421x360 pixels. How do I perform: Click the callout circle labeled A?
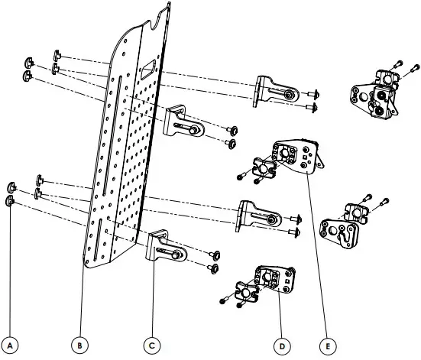coord(11,345)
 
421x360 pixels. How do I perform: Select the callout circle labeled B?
coord(80,345)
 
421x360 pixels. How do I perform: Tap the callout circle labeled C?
coord(152,345)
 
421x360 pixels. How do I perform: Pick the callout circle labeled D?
coord(281,345)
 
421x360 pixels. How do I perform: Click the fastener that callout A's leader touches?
coord(11,201)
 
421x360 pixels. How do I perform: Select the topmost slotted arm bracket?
coord(275,89)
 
